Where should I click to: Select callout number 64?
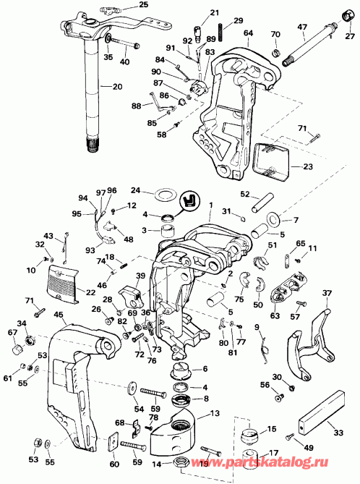pyautogui.click(x=249, y=33)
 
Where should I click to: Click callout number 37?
pyautogui.click(x=326, y=293)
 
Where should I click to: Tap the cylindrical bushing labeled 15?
pyautogui.click(x=251, y=438)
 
